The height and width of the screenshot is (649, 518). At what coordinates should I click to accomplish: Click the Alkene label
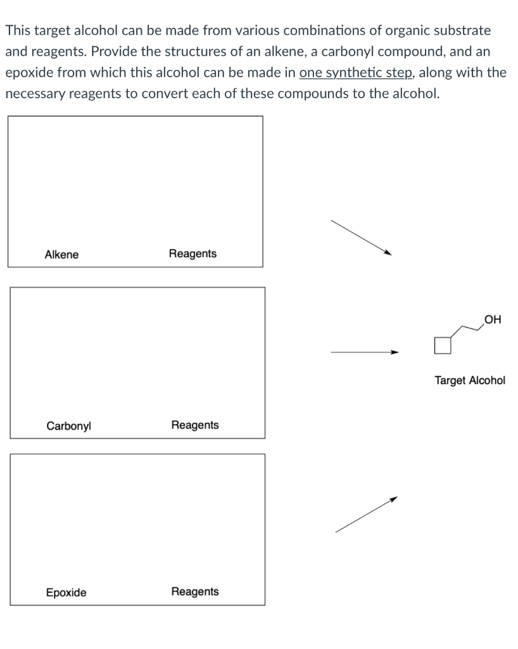point(61,255)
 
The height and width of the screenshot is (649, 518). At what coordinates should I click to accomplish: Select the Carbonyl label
point(68,426)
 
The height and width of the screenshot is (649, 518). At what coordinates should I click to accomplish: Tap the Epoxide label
point(66,593)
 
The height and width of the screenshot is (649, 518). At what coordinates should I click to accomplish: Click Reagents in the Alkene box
point(193,254)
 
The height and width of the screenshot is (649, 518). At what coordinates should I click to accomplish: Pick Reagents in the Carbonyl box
point(194,425)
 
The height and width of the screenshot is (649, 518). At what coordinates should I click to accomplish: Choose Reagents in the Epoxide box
point(194,591)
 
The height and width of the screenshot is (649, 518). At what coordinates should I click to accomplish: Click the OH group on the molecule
point(492,320)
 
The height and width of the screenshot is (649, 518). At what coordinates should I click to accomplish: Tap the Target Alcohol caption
point(469,380)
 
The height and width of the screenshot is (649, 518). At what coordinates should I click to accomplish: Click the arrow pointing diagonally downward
point(361,238)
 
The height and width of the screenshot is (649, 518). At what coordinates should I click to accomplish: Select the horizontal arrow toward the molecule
point(365,352)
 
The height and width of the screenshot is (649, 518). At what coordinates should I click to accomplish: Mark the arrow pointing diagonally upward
point(365,515)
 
